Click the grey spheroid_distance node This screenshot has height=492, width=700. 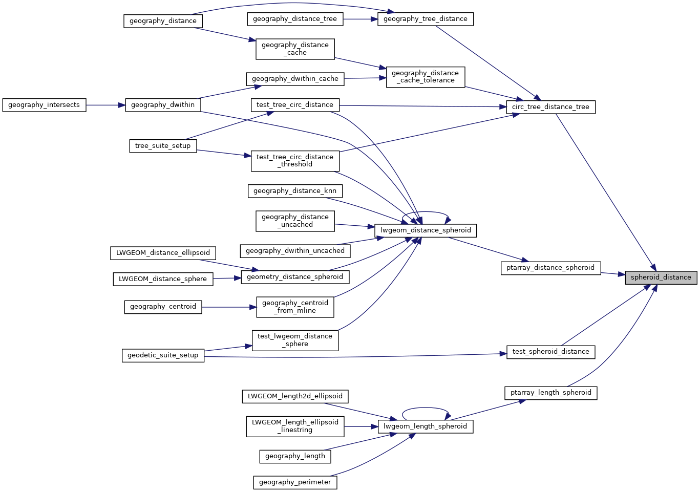pyautogui.click(x=661, y=277)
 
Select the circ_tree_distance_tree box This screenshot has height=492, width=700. pyautogui.click(x=550, y=107)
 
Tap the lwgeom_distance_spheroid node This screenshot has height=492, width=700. pyautogui.click(x=426, y=230)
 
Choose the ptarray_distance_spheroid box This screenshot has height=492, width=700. pyautogui.click(x=550, y=268)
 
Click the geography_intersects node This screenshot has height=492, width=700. pyautogui.click(x=44, y=105)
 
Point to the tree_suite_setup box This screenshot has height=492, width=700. pyautogui.click(x=163, y=146)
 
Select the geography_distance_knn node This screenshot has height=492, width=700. pyautogui.click(x=295, y=191)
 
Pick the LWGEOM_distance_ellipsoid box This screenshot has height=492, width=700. pyautogui.click(x=163, y=253)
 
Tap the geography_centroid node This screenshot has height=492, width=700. pyautogui.click(x=163, y=307)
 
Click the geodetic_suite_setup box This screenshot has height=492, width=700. pyautogui.click(x=163, y=355)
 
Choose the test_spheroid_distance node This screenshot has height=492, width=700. pyautogui.click(x=550, y=352)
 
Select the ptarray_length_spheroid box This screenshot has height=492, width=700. pyautogui.click(x=550, y=393)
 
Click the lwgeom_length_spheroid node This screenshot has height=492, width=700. pyautogui.click(x=425, y=426)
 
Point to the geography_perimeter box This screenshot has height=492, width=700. pyautogui.click(x=295, y=482)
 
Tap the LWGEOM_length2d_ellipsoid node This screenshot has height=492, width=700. pyautogui.click(x=295, y=396)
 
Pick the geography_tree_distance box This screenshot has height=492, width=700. pyautogui.click(x=425, y=19)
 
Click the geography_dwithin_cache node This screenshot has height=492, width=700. pyautogui.click(x=295, y=79)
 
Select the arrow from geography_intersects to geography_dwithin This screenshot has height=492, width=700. pyautogui.click(x=105, y=105)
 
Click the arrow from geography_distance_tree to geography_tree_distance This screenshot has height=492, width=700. pyautogui.click(x=360, y=19)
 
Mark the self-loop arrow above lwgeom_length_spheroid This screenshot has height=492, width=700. pyautogui.click(x=425, y=408)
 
